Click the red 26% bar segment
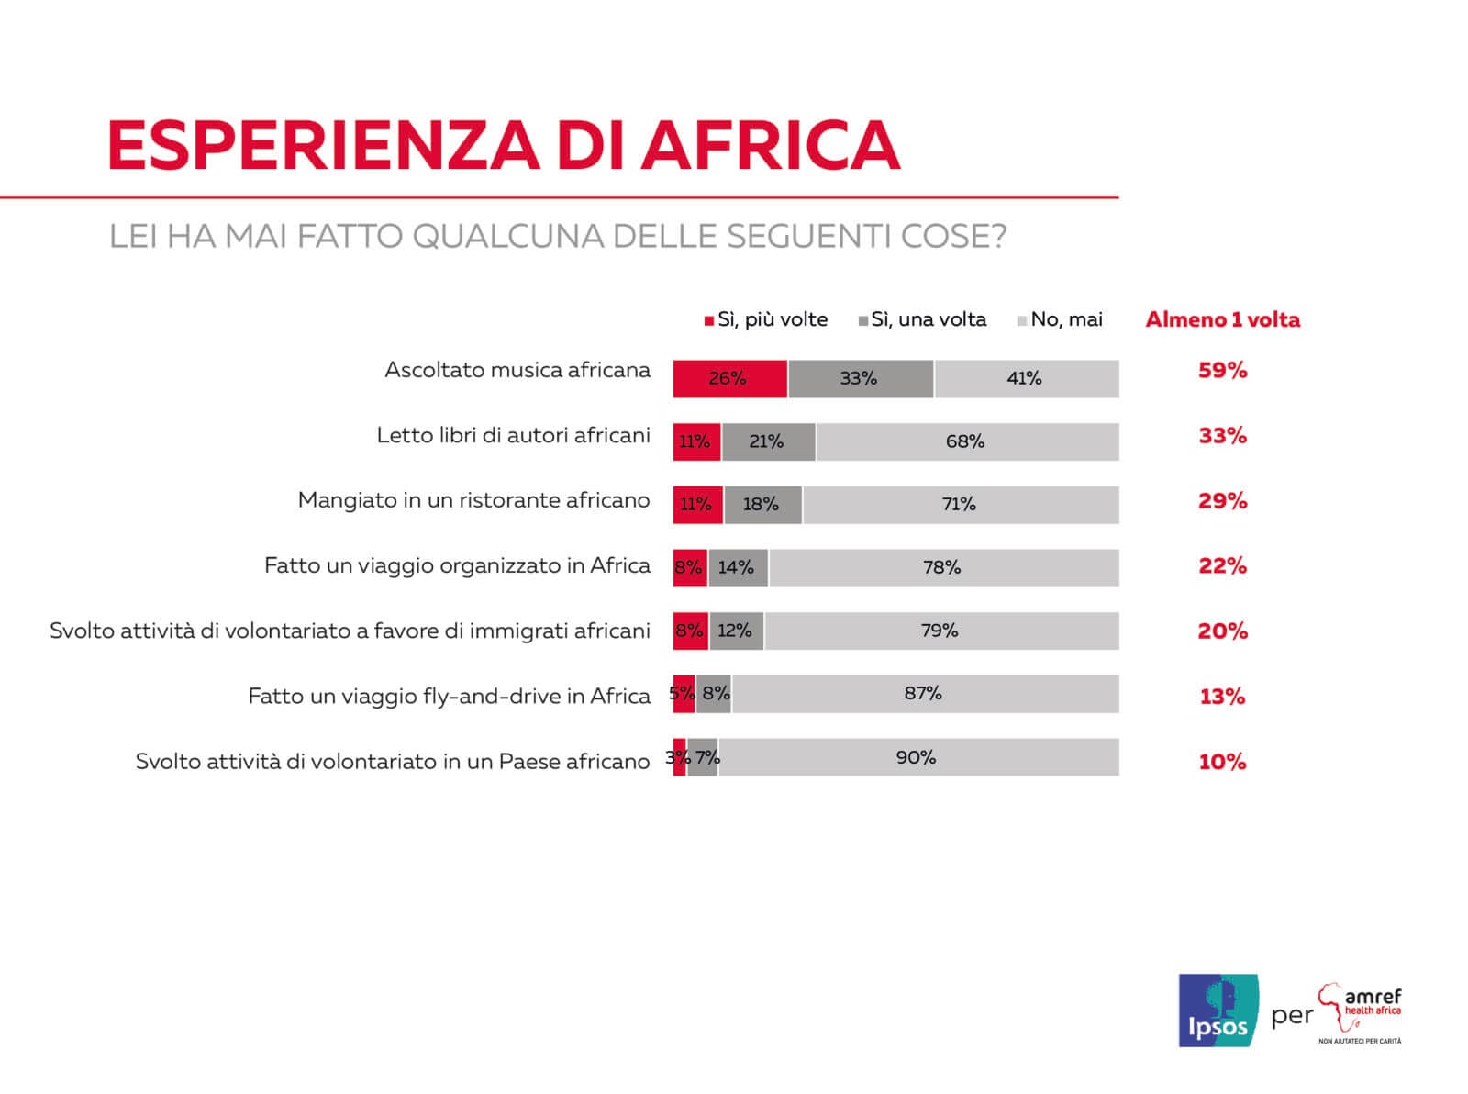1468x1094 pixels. pos(729,378)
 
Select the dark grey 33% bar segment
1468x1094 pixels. pos(860,378)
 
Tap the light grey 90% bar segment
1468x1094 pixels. pos(917,757)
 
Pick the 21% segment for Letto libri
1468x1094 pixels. pos(768,441)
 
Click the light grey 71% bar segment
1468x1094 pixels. pos(960,504)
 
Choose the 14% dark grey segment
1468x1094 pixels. pos(738,567)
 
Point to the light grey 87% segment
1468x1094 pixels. pos(924,694)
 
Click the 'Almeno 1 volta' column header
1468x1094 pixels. pos(1222,319)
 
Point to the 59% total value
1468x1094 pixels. pos(1222,371)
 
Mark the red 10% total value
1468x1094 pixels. pos(1222,762)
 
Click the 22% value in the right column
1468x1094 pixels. pos(1222,566)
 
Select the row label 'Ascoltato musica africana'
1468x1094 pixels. pos(517,370)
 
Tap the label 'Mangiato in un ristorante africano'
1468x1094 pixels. pos(473,500)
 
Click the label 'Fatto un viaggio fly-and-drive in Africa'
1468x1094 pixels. pos(449,696)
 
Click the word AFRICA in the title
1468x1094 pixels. pos(771,145)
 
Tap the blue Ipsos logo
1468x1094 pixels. pos(1218,1010)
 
